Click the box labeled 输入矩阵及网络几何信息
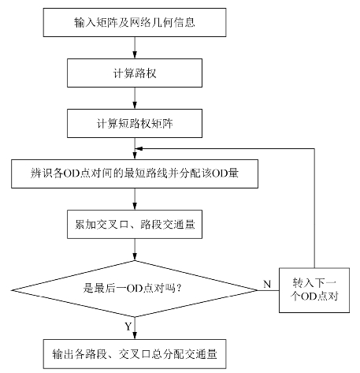click(135, 22)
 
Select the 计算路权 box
click(135, 73)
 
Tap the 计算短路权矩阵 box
click(135, 124)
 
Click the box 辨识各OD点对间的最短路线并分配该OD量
click(135, 173)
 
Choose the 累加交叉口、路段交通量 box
click(135, 224)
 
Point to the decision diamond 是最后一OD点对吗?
click(135, 289)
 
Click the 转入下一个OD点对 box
click(314, 290)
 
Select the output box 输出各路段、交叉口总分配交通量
click(135, 354)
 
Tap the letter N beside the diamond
click(267, 284)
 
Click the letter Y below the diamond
click(128, 326)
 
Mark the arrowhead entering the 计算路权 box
click(135, 54)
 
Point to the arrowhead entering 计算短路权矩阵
click(135, 105)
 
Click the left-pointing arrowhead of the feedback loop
click(139, 149)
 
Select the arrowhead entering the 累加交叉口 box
click(135, 206)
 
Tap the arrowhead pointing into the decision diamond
click(135, 257)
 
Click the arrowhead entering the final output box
click(135, 336)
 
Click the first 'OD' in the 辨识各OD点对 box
click(71, 173)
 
